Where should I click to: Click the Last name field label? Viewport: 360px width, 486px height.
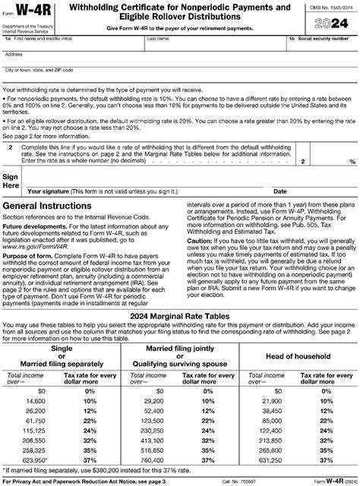pos(159,37)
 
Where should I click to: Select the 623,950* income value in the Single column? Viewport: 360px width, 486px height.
pos(36,459)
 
